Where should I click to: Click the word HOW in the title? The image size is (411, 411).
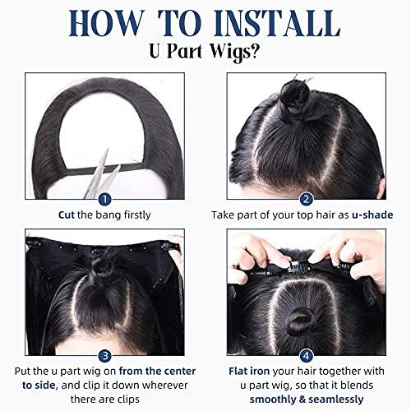[106, 23]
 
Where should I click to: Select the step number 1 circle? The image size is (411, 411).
[104, 200]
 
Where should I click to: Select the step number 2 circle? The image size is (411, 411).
[307, 200]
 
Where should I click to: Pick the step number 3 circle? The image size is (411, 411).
[104, 356]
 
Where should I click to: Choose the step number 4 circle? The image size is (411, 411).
[307, 356]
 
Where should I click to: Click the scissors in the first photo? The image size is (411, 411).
[101, 175]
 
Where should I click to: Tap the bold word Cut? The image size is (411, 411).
[67, 215]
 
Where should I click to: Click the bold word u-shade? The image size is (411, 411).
[372, 215]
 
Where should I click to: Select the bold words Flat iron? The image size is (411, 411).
[249, 372]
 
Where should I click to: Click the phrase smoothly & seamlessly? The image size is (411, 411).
[307, 399]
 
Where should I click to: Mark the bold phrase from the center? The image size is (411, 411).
[157, 372]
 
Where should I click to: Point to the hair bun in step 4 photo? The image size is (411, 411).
[300, 321]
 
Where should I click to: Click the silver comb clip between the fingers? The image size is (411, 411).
[297, 266]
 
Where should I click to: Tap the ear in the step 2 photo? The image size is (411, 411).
[381, 187]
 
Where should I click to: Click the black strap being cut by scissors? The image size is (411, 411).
[105, 169]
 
